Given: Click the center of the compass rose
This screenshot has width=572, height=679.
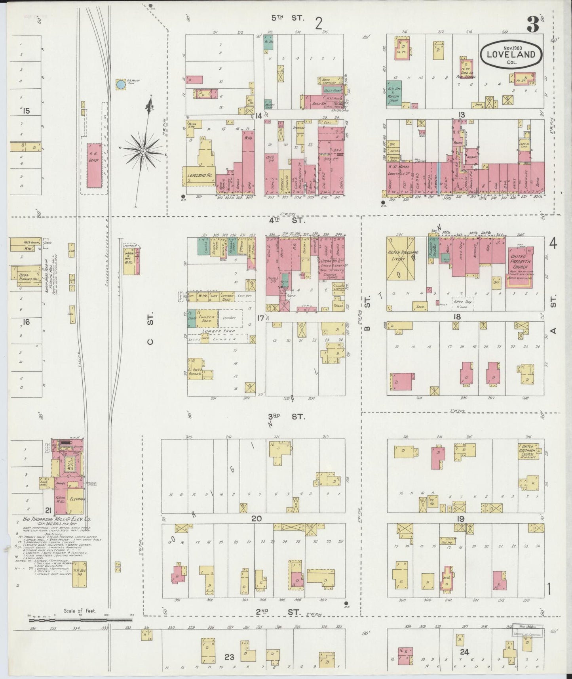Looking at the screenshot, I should (x=142, y=151).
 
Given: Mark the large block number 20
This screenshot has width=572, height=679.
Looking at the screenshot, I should (x=257, y=519).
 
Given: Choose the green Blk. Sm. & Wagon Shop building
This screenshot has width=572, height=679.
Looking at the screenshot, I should (x=394, y=93).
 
